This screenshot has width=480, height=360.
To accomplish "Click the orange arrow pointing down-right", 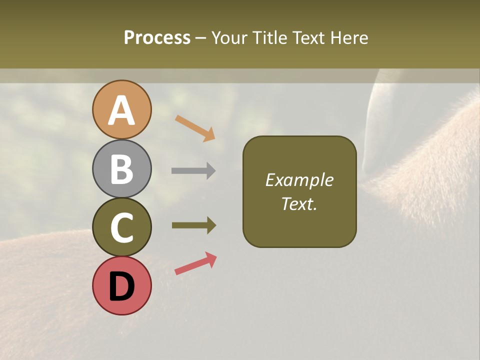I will pyautogui.click(x=195, y=128).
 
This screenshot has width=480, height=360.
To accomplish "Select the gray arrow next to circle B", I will pyautogui.click(x=193, y=171).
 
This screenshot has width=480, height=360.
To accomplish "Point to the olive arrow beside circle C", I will pyautogui.click(x=193, y=225).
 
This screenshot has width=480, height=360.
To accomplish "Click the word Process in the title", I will pyautogui.click(x=157, y=37).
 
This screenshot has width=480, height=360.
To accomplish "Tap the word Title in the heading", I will pyautogui.click(x=270, y=37).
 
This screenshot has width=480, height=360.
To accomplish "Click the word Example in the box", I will pyautogui.click(x=299, y=180).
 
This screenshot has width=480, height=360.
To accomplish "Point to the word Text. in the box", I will pyautogui.click(x=299, y=203).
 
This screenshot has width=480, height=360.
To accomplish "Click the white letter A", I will pyautogui.click(x=121, y=111).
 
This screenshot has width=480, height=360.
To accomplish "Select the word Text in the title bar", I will pyautogui.click(x=307, y=37).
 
